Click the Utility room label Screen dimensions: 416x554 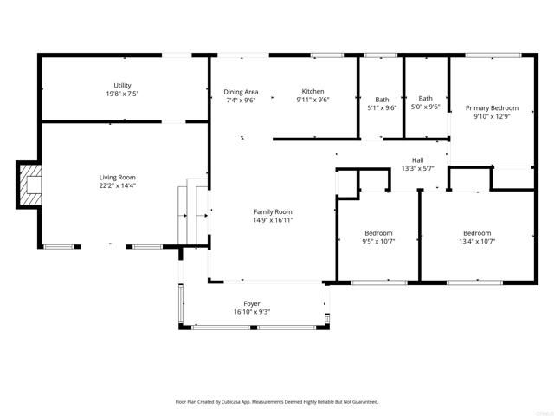122,85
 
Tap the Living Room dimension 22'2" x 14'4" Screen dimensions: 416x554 118,185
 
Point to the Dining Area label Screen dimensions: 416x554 241,92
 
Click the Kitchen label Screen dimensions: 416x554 312,92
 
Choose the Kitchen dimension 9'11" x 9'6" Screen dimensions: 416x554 312,100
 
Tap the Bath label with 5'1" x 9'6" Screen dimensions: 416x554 382,100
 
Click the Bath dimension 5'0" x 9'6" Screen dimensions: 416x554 425,107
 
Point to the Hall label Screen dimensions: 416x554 417,160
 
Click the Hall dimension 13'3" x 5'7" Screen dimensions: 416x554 417,168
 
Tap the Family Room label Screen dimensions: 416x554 273,211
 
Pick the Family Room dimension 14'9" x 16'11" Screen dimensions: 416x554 273,220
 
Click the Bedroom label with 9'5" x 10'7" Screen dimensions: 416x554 378,233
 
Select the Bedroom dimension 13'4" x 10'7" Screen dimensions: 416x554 477,241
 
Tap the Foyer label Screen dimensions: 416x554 252,303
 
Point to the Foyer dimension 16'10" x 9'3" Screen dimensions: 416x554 252,312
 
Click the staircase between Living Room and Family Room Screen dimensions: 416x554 191,212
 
